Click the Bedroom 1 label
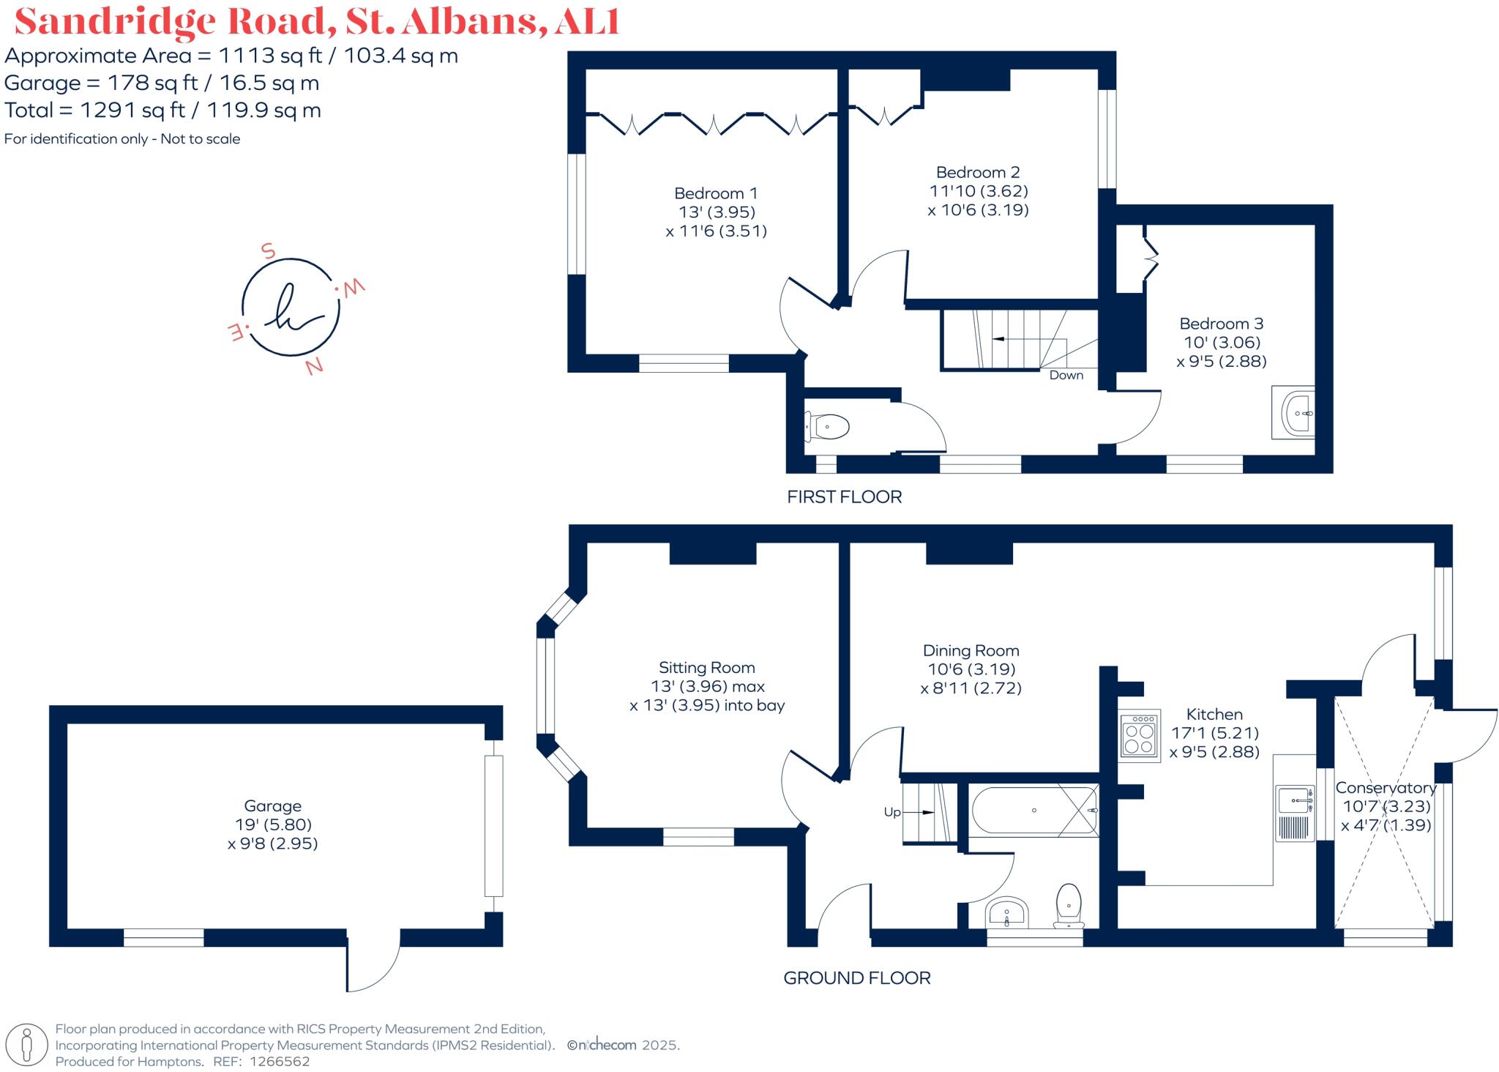715,193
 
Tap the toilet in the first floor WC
829,426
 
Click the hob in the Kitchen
1139,736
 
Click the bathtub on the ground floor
1033,811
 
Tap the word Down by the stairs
1066,375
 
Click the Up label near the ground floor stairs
891,812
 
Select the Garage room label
272,806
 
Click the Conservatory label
1386,788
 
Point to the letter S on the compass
268,251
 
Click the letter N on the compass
315,366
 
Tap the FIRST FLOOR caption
844,496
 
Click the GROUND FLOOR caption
856,978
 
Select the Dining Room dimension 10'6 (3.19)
971,669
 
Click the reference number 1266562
280,1061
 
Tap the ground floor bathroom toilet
1069,906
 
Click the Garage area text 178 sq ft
152,83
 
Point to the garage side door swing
373,965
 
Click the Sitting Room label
706,668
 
